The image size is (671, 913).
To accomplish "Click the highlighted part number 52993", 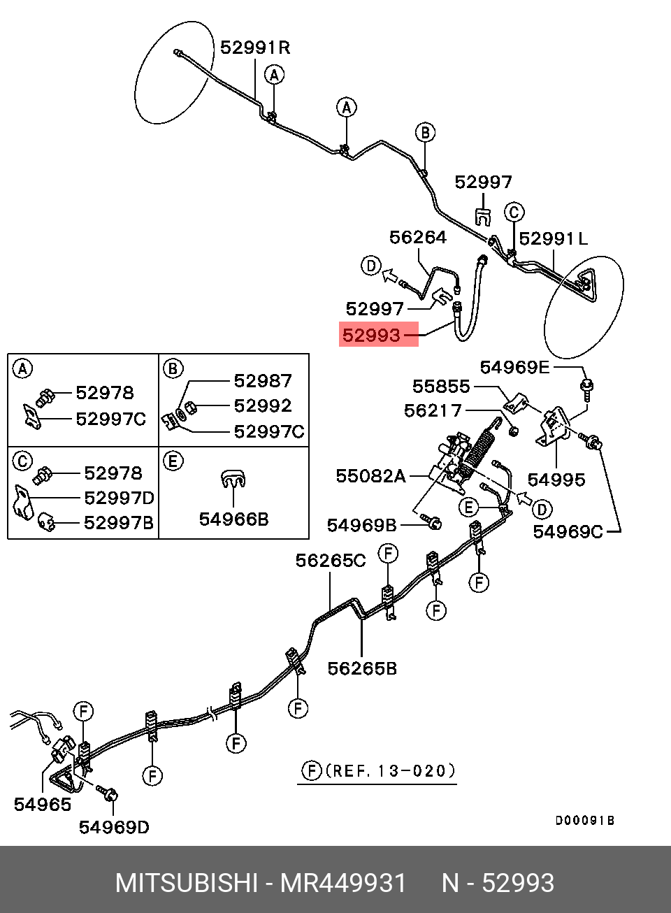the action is click(372, 336).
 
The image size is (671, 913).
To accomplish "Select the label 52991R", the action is click(255, 48).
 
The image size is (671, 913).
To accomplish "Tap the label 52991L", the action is click(554, 239).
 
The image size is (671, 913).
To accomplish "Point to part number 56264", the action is click(417, 238).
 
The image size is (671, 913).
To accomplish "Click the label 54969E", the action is click(514, 368).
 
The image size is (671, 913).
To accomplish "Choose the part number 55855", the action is click(441, 387).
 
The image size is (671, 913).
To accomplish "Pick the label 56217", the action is click(433, 410).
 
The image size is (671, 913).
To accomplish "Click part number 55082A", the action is click(370, 476).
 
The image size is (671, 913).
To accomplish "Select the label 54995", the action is click(556, 480).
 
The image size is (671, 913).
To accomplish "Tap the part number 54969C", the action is click(568, 532).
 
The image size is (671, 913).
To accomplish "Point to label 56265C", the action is click(330, 561).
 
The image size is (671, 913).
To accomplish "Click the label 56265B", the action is click(362, 669).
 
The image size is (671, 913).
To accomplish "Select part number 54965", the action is click(43, 805).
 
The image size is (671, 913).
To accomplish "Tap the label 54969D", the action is click(114, 828).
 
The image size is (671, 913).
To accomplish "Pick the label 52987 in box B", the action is click(262, 381).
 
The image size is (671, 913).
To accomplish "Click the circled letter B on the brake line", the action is click(425, 132).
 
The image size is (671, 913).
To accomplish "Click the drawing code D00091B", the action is click(584, 821).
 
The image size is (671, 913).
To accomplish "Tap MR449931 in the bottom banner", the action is click(342, 884).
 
